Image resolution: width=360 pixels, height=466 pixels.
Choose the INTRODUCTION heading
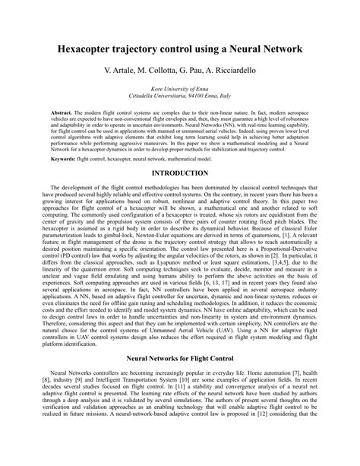pos(180,173)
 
